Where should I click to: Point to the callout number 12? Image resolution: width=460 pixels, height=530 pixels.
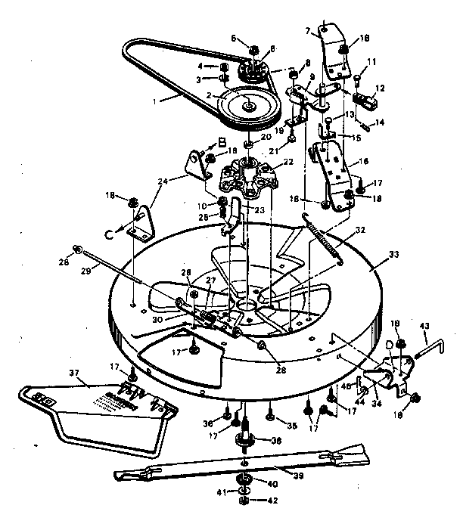pos(381,88)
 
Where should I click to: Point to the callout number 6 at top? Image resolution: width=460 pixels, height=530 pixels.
pos(235,39)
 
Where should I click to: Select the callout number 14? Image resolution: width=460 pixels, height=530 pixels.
pos(380,122)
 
